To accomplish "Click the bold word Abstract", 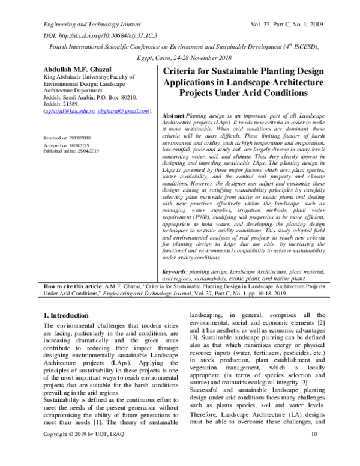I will (x=175, y=115).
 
